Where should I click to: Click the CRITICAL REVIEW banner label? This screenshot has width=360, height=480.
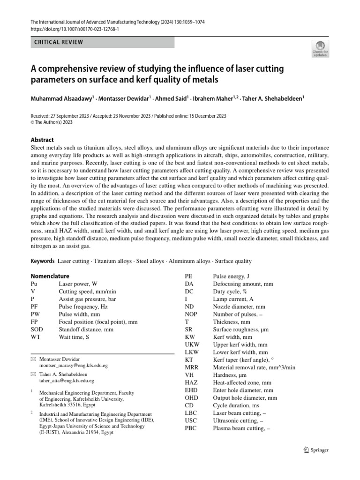[x=59, y=42]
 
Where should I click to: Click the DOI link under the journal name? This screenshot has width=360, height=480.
[x=75, y=29]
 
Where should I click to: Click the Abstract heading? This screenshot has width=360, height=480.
[x=42, y=140]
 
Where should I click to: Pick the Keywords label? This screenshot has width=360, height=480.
[x=43, y=261]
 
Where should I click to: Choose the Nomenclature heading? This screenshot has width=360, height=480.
[x=50, y=276]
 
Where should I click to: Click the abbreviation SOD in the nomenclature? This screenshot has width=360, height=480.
[x=37, y=330]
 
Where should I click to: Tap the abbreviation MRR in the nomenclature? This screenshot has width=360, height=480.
[x=192, y=367]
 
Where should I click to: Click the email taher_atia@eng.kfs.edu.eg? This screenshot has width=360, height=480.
[x=67, y=382]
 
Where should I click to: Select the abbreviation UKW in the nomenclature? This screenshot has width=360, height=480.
[x=192, y=345]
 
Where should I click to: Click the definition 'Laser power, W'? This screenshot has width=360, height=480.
[x=78, y=284]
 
